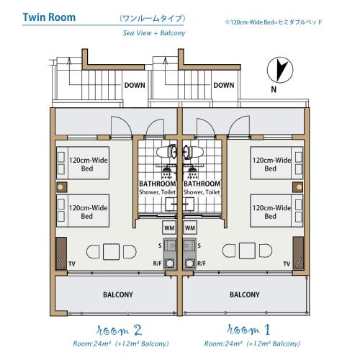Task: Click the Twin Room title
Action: [49, 17]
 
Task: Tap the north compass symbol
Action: [280, 70]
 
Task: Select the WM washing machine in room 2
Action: [169, 228]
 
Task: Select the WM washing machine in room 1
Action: [190, 228]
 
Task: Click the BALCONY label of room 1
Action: [245, 294]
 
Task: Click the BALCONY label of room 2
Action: [118, 294]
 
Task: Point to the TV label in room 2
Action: [72, 264]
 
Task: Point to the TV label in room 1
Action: [287, 264]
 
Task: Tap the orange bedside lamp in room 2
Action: [60, 187]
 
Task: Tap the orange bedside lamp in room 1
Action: [299, 187]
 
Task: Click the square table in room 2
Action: [111, 251]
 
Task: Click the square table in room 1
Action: [247, 251]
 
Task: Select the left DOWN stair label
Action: [135, 85]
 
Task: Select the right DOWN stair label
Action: [224, 85]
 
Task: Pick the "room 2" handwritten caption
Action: [119, 330]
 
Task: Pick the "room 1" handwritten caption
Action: [248, 330]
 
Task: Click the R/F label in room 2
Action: [157, 264]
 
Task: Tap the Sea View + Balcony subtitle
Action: [154, 33]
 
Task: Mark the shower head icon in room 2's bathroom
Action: [166, 172]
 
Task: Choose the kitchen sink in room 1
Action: [189, 246]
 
